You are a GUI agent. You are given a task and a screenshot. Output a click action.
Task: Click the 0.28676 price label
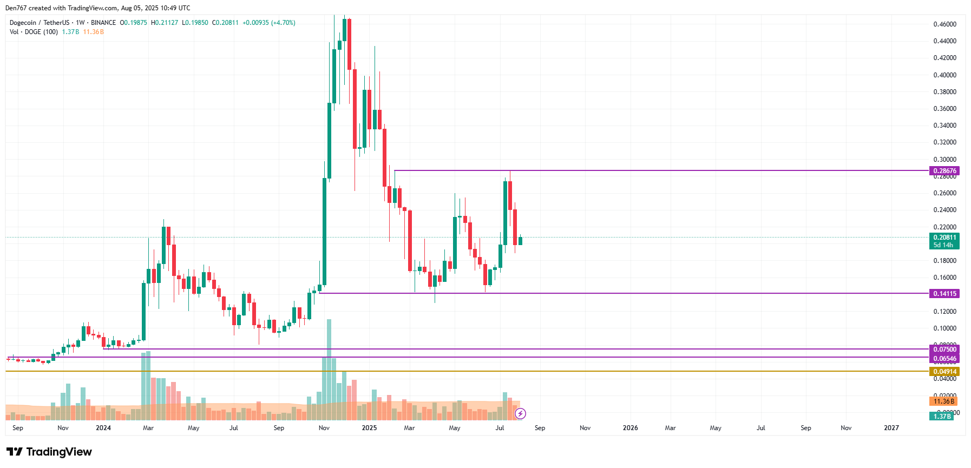pyautogui.click(x=944, y=171)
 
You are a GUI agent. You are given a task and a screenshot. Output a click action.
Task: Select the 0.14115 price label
pyautogui.click(x=944, y=294)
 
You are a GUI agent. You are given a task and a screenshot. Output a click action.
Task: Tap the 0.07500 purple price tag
pyautogui.click(x=944, y=350)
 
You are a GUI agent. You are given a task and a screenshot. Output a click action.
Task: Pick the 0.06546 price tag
pyautogui.click(x=944, y=359)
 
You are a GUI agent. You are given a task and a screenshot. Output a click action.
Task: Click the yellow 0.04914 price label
pyautogui.click(x=944, y=372)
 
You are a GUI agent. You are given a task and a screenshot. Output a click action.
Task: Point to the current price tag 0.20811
pyautogui.click(x=944, y=238)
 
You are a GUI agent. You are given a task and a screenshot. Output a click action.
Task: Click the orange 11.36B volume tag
pyautogui.click(x=943, y=401)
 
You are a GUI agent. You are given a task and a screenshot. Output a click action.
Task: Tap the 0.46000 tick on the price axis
pyautogui.click(x=944, y=24)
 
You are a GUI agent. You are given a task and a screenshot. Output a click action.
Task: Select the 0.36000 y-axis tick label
pyautogui.click(x=944, y=109)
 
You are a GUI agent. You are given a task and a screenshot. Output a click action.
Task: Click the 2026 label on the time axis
pyautogui.click(x=630, y=428)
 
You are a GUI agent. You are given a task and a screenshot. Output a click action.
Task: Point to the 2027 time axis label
pyautogui.click(x=891, y=428)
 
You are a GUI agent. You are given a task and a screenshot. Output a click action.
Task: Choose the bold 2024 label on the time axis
pyautogui.click(x=103, y=428)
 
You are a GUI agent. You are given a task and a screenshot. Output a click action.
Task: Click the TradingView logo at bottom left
pyautogui.click(x=49, y=452)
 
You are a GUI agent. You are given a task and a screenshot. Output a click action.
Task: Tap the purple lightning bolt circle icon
pyautogui.click(x=520, y=414)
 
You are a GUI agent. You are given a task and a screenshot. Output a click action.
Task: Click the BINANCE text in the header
pyautogui.click(x=103, y=23)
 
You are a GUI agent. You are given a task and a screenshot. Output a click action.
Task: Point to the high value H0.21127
pyautogui.click(x=165, y=23)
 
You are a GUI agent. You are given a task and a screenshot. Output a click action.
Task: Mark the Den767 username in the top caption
pyautogui.click(x=16, y=8)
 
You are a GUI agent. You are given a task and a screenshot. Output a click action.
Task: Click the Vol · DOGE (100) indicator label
pyautogui.click(x=34, y=32)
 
